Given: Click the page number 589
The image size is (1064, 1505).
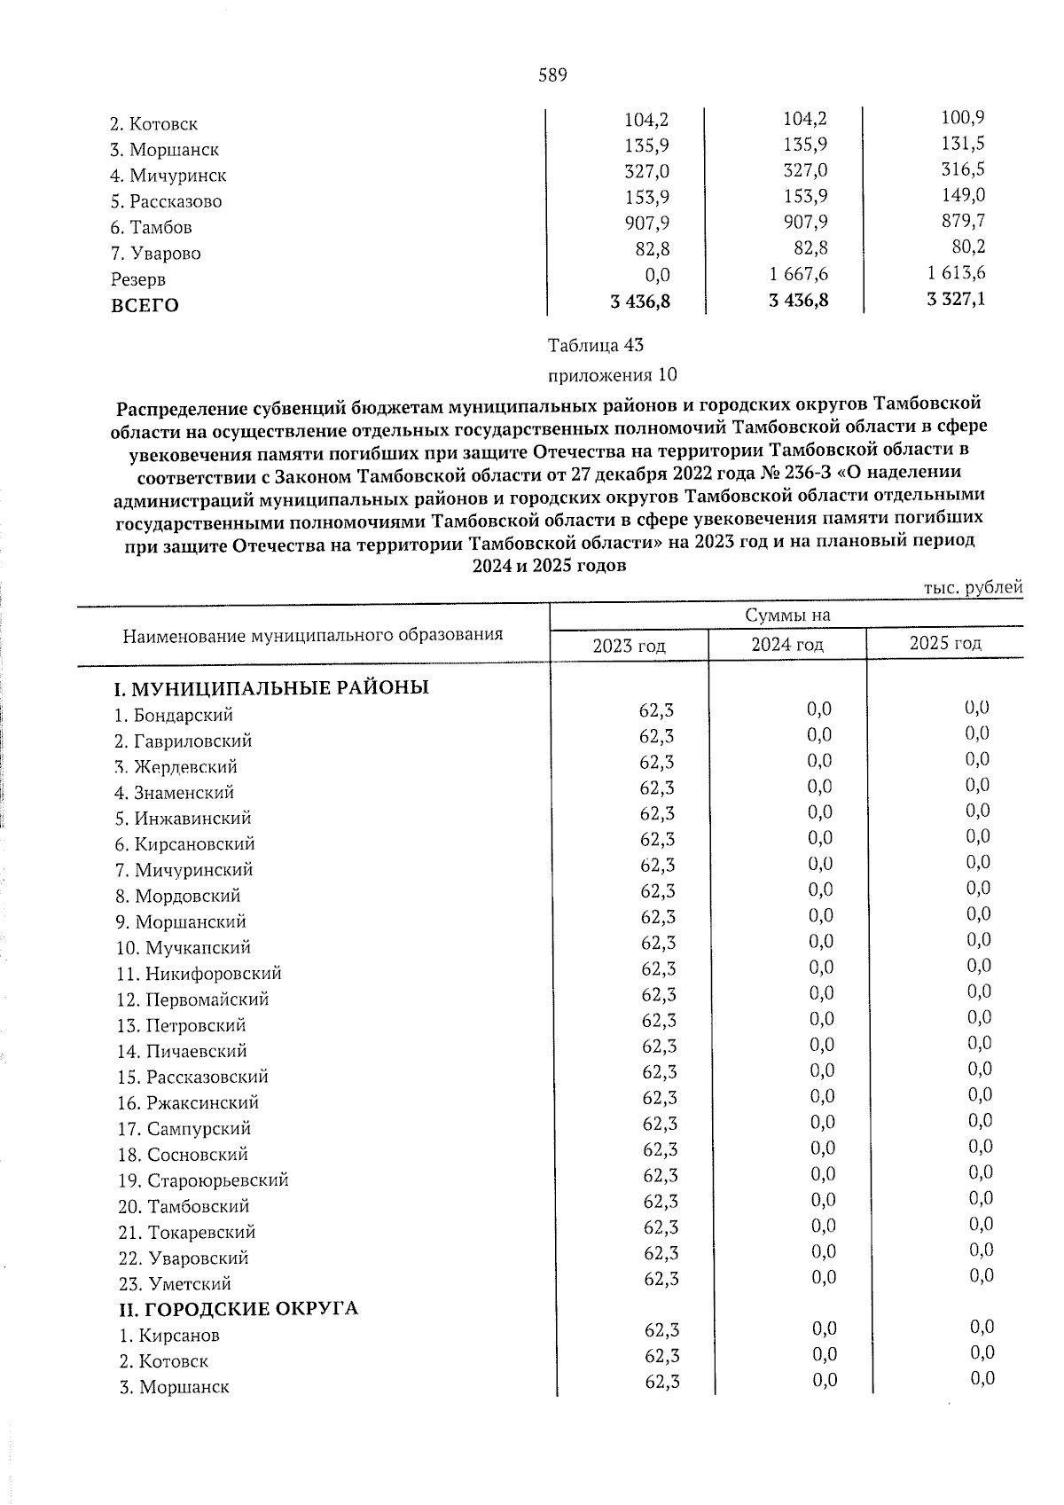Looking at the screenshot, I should point(552,75).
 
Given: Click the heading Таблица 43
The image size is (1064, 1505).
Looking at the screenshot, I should point(595,344).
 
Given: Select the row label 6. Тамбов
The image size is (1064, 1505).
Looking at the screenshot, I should point(152,227).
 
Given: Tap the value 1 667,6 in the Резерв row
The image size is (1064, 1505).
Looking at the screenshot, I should point(800,273).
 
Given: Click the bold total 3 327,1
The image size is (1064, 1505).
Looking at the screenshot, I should point(956,299).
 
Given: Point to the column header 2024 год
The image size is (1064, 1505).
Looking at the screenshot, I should point(787,645).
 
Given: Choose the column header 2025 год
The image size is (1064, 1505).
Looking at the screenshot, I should point(945,643).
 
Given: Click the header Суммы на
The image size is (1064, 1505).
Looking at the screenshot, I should point(787,615).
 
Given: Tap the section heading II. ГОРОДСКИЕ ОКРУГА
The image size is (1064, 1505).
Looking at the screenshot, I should point(239,1308).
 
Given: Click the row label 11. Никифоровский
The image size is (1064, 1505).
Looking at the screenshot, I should point(199,973).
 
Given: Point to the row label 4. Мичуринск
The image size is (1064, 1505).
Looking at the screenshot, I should point(168,176).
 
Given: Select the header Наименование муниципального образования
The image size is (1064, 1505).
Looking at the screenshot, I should point(313,634).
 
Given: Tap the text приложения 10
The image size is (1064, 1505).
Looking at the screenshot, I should point(613,374).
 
